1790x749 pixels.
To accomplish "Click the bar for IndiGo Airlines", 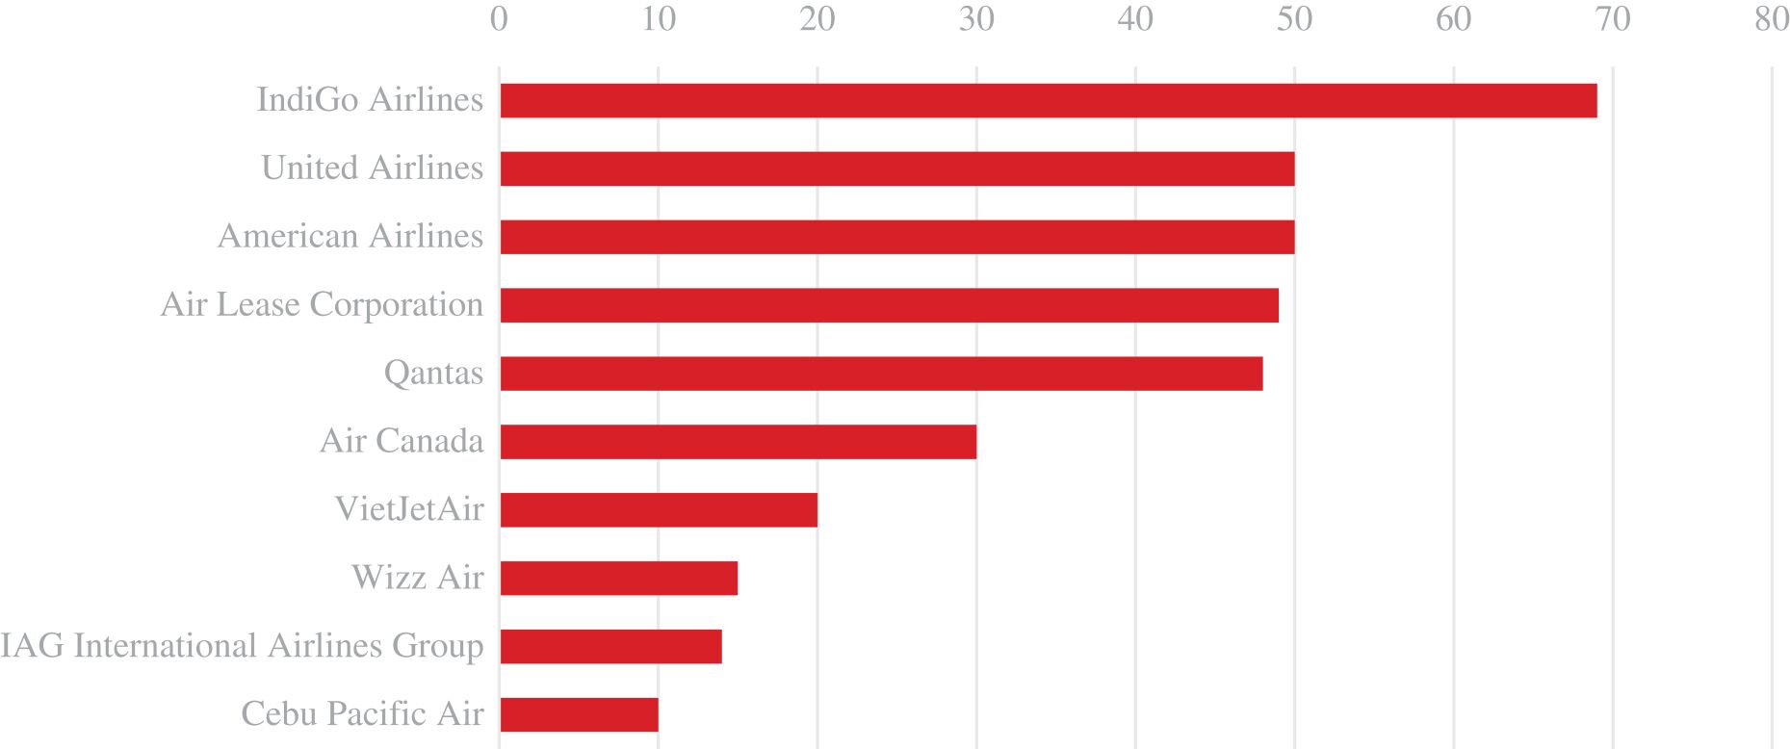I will click(x=1048, y=101).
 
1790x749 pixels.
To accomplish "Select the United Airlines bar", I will click(x=896, y=169).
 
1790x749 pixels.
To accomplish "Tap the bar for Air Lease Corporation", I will click(x=889, y=305).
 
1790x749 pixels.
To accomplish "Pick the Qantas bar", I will click(x=881, y=374).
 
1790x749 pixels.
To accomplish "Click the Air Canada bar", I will click(x=738, y=442).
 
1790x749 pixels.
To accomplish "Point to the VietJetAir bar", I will click(x=659, y=510).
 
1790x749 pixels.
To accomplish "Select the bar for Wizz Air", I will click(x=618, y=579).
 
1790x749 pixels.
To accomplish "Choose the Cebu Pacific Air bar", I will click(x=579, y=715).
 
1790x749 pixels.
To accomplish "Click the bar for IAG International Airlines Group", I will click(x=610, y=647).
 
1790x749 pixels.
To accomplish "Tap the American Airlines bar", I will click(x=896, y=238).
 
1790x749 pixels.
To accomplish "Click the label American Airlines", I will click(x=350, y=237).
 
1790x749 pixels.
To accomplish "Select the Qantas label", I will click(x=433, y=374).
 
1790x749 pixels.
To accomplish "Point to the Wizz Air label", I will click(x=417, y=578).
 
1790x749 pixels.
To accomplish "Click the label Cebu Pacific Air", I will click(x=362, y=714).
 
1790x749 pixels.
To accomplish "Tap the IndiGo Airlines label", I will click(x=370, y=100).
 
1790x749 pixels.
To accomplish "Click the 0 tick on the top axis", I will click(x=499, y=20).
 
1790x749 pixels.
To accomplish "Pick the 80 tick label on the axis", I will click(x=1772, y=20).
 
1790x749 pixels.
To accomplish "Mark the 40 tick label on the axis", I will click(x=1135, y=20).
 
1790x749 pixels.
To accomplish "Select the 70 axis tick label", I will click(x=1613, y=20).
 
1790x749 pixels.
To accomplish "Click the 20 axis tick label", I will click(x=817, y=20).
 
